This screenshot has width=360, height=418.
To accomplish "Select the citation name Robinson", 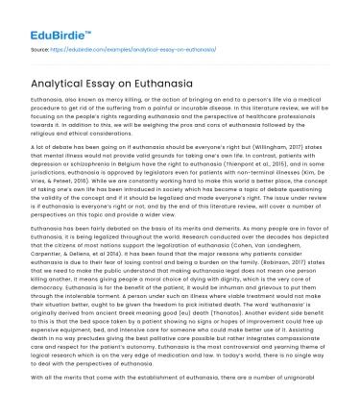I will click(305, 288).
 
